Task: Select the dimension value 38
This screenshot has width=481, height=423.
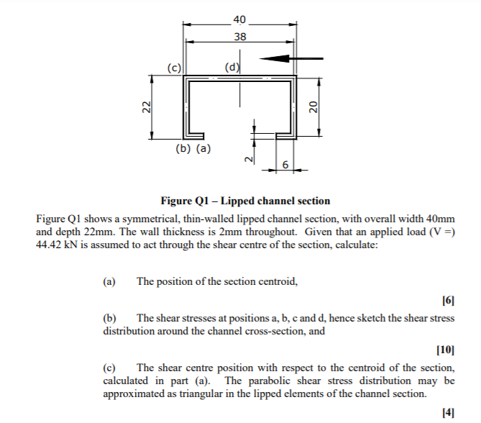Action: (239, 36)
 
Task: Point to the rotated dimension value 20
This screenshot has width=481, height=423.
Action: (313, 106)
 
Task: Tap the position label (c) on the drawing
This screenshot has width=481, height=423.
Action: (173, 68)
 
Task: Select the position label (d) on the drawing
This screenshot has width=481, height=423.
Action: (232, 68)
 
